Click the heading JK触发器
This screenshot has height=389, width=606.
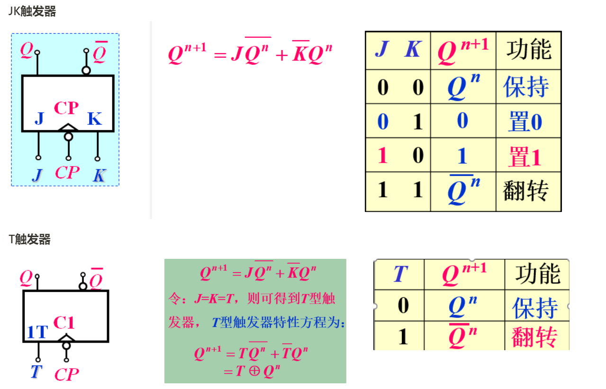[32, 12]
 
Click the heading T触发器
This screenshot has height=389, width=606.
[29, 239]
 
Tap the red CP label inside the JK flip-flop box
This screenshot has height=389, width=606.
[66, 108]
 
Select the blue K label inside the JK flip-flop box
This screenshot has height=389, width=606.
[94, 119]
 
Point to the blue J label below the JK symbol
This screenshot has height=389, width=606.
[37, 175]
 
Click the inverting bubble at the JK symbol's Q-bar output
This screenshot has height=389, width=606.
[86, 71]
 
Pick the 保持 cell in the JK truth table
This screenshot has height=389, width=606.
[526, 87]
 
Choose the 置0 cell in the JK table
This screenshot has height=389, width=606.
[525, 122]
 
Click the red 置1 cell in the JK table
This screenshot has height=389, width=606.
[525, 156]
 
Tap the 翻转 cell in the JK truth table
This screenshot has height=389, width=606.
[526, 191]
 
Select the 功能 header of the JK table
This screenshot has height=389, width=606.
[529, 49]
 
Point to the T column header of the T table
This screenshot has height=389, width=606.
[400, 274]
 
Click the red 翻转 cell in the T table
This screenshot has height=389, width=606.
[534, 336]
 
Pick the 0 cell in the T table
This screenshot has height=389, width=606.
[403, 305]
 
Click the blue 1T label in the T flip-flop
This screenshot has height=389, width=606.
[37, 332]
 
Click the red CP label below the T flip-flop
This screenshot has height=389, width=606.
[66, 374]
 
